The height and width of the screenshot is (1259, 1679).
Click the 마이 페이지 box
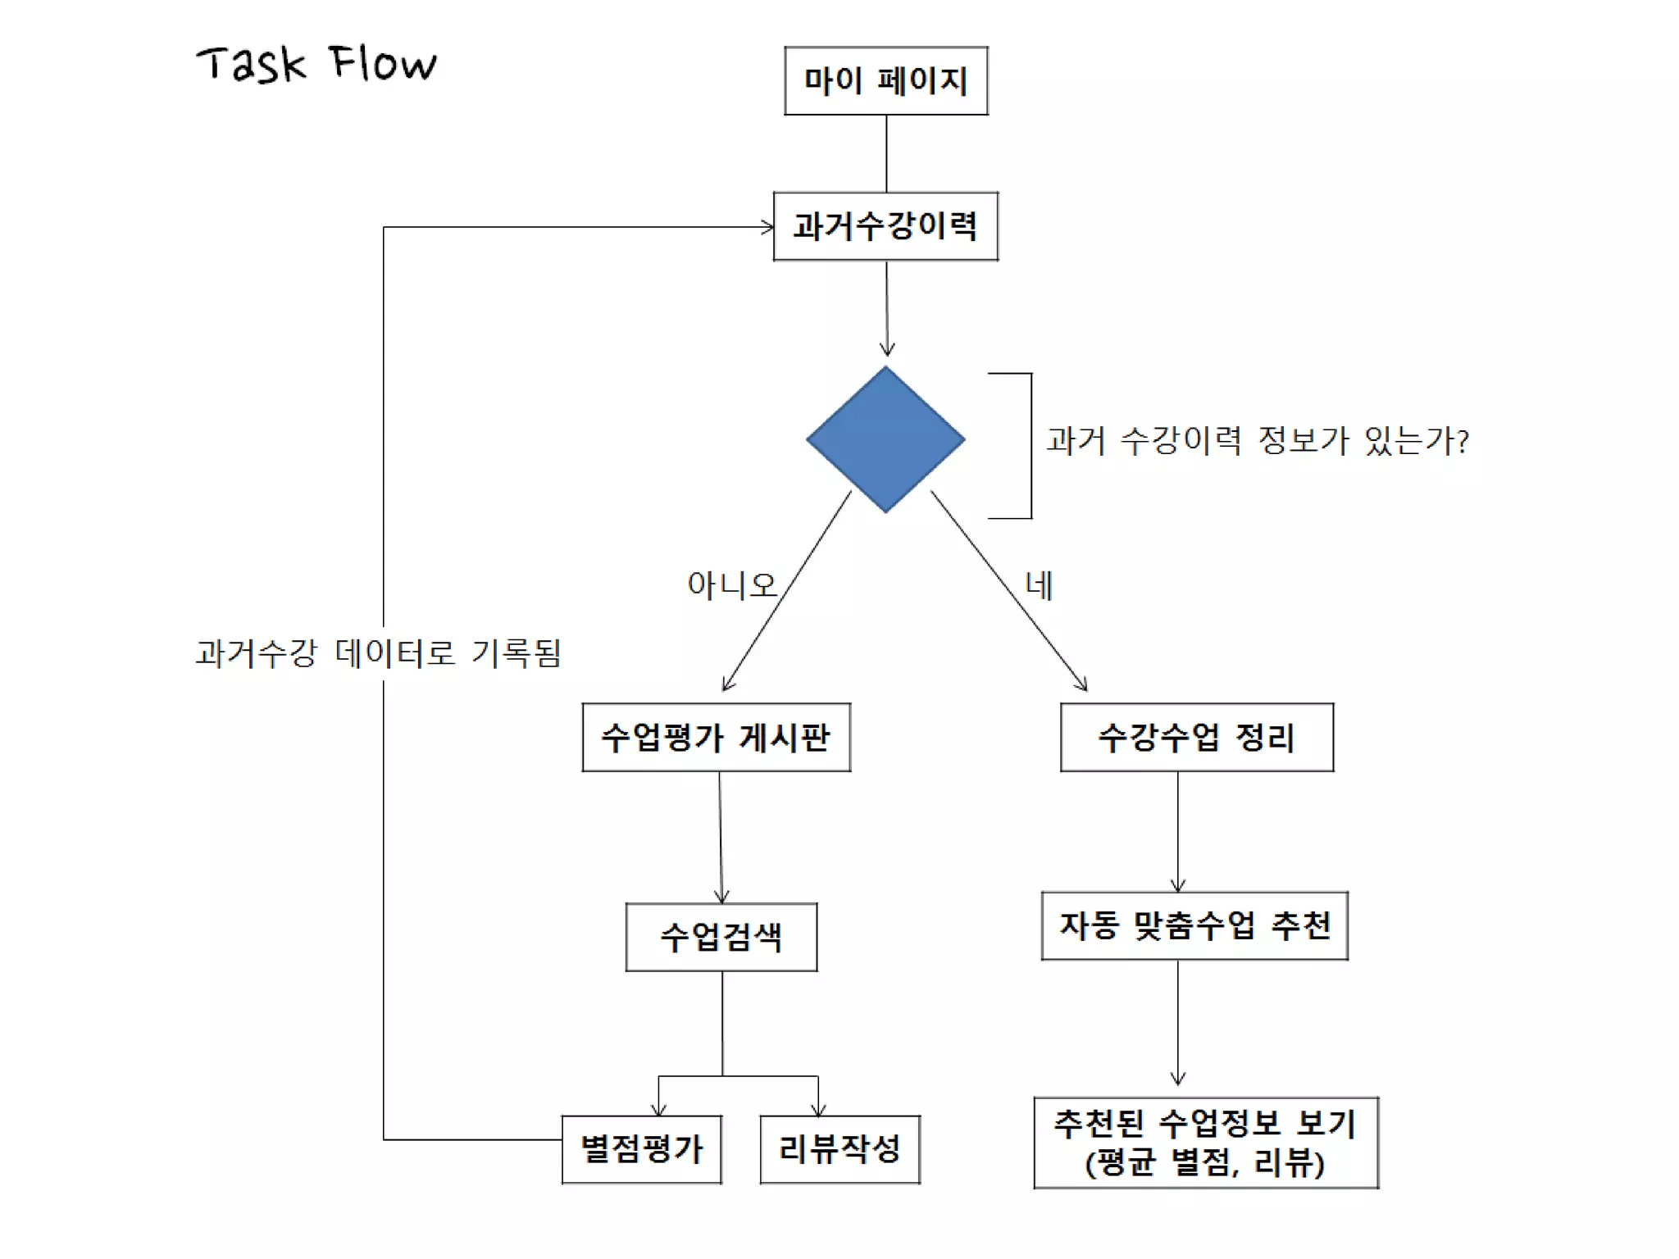click(885, 80)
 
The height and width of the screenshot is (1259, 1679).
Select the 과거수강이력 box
click(885, 226)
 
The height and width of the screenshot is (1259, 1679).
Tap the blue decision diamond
click(885, 439)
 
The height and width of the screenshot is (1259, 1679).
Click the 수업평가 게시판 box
click(716, 737)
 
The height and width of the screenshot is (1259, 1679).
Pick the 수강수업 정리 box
click(1196, 737)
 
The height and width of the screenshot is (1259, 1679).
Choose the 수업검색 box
click(721, 937)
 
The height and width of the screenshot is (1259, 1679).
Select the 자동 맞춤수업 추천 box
click(1194, 925)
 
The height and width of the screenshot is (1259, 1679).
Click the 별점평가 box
click(641, 1149)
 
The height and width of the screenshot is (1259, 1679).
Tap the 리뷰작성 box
click(839, 1149)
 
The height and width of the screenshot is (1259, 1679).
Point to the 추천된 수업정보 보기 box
click(1205, 1143)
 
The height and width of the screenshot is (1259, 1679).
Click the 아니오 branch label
click(731, 585)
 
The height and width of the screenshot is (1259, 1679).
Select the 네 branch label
click(1039, 585)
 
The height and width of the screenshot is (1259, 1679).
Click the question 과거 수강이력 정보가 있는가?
click(1257, 441)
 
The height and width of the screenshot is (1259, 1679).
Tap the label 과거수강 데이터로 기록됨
click(378, 653)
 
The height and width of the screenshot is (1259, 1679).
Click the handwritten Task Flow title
click(316, 64)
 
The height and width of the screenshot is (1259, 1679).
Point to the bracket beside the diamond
click(1031, 446)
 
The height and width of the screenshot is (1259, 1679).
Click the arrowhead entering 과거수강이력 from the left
click(767, 227)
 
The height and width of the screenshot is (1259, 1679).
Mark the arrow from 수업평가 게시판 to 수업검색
click(721, 836)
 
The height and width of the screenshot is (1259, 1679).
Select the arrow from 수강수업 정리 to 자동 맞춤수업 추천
click(1178, 831)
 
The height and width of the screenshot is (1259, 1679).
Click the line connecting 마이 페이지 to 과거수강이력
click(886, 153)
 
